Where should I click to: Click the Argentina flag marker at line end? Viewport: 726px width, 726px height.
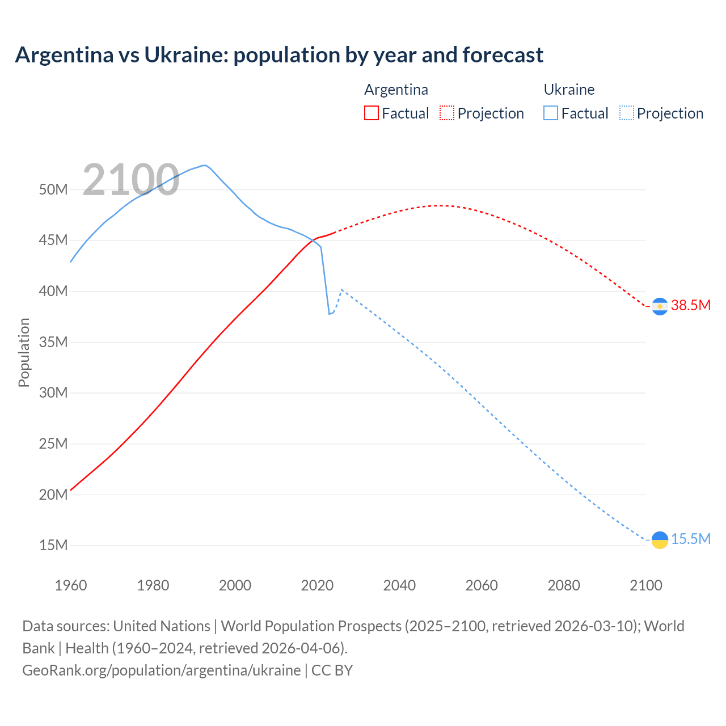(660, 306)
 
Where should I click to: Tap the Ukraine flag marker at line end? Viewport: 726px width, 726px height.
(660, 540)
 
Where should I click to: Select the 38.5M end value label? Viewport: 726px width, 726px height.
(690, 305)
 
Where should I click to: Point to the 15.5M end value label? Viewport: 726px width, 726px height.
(690, 539)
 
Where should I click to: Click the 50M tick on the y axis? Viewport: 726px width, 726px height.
(53, 189)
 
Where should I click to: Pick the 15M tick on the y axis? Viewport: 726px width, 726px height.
(53, 545)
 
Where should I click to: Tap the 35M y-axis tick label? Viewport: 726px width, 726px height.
(53, 342)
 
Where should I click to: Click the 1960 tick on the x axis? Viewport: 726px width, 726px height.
(71, 585)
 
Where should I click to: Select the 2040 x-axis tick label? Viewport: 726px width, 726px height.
(399, 585)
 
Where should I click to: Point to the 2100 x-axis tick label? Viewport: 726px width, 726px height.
(645, 585)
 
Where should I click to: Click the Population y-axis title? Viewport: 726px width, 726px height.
(24, 352)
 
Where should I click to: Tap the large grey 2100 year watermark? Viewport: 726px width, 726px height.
(131, 180)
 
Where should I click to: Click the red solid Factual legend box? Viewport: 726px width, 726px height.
(371, 113)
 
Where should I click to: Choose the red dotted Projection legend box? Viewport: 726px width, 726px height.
(447, 113)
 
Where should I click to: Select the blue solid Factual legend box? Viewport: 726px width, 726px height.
(551, 113)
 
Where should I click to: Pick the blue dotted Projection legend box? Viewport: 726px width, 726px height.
(626, 113)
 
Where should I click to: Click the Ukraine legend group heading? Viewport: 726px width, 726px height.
(569, 90)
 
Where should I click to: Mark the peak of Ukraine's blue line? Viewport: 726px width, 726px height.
(204, 165)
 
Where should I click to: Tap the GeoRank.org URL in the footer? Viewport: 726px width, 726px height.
(161, 670)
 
